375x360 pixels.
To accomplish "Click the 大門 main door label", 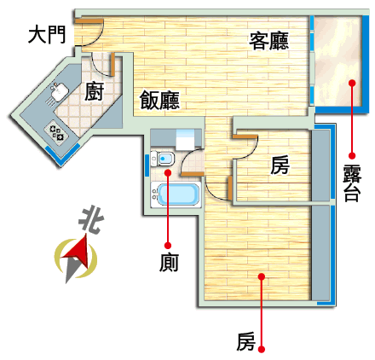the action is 47,35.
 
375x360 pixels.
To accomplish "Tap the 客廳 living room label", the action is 268,41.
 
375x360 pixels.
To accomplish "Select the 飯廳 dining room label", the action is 159,100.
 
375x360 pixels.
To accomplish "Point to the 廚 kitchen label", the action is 94,91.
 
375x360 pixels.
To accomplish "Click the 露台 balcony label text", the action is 352,183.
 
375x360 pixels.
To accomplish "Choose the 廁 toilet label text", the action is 169,263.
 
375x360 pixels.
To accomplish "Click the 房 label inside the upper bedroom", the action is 280,165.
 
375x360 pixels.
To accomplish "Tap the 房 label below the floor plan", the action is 245,342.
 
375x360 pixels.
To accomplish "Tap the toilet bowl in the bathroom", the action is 163,159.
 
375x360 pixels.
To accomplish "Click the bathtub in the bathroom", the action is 176,195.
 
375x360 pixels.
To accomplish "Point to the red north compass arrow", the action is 77,253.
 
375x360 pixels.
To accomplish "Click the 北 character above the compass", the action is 91,220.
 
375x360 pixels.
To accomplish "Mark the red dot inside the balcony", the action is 352,83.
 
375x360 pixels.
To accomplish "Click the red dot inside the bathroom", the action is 168,172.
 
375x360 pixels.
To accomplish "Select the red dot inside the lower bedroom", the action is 262,276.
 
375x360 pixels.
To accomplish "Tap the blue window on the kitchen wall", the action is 63,154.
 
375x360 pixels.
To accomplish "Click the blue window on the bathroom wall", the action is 147,165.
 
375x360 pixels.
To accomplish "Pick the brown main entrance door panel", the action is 89,21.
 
